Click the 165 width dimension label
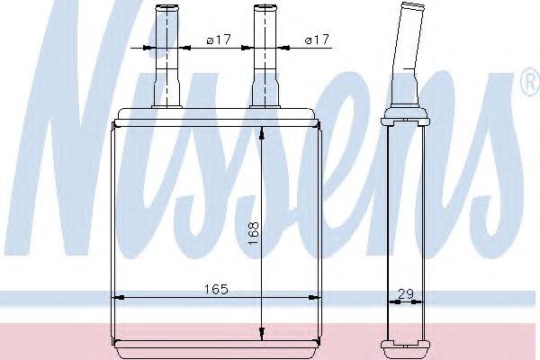216,289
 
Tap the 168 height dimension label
254,233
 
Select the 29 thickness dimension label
406,294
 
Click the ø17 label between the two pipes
219,40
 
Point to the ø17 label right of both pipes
317,40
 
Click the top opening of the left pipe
167,7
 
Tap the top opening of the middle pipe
265,7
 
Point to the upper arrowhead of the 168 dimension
262,134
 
